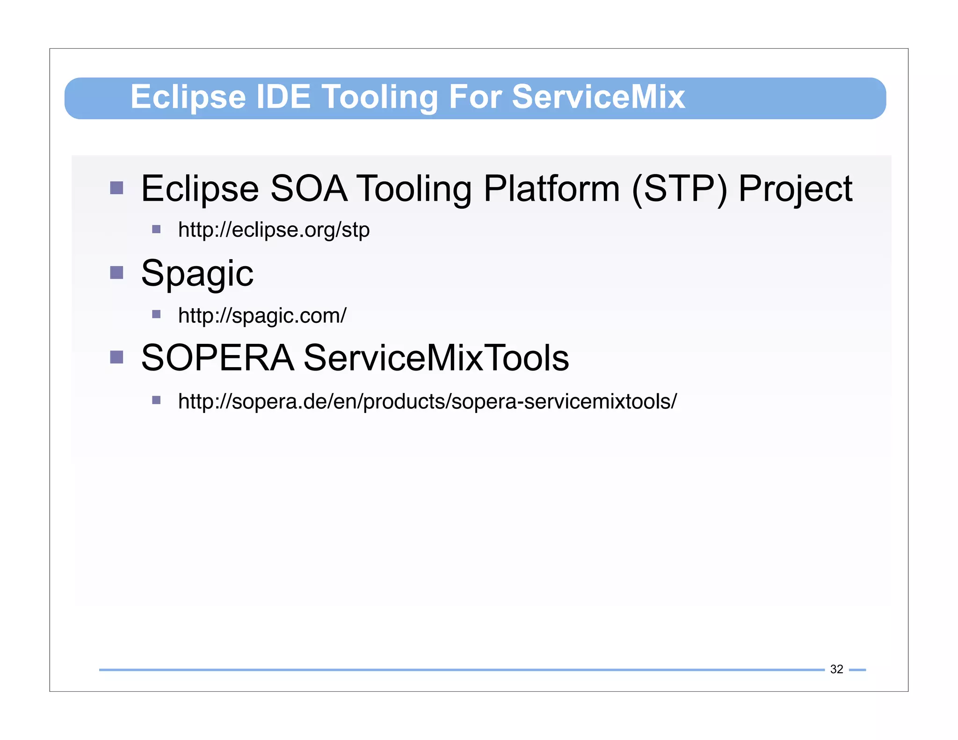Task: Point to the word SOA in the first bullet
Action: point(309,189)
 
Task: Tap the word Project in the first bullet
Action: point(795,189)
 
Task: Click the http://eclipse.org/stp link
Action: point(274,230)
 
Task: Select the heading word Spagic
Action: point(197,274)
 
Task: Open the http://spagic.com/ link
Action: point(262,316)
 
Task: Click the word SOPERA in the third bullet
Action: point(218,358)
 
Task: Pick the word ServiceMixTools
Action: point(436,358)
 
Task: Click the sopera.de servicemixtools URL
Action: point(427,401)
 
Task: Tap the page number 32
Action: point(836,669)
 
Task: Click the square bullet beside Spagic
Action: point(116,272)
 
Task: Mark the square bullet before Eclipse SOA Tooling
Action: point(116,188)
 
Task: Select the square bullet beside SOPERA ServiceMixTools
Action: point(116,357)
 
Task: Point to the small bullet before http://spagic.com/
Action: point(156,314)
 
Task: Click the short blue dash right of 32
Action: point(857,670)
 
